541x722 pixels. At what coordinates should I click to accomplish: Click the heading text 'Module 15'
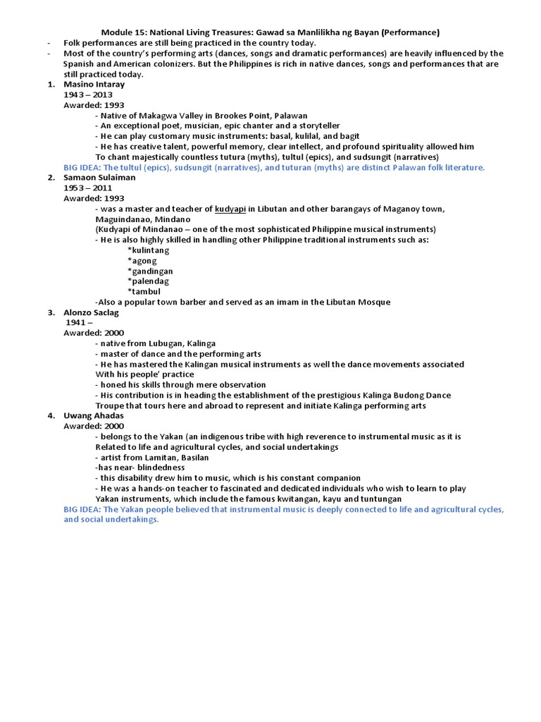123,32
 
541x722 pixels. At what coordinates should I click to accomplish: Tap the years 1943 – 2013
88,94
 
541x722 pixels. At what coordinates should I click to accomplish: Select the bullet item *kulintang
152,250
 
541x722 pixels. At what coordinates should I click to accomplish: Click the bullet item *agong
142,261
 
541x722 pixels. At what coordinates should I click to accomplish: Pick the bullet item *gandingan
150,271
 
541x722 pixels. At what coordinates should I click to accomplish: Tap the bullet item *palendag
149,281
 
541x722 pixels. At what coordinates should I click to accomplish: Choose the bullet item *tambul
144,292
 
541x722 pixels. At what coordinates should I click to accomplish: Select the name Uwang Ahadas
94,416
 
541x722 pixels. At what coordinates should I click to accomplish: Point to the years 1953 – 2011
88,188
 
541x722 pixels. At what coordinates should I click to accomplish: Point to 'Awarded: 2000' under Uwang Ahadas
94,427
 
